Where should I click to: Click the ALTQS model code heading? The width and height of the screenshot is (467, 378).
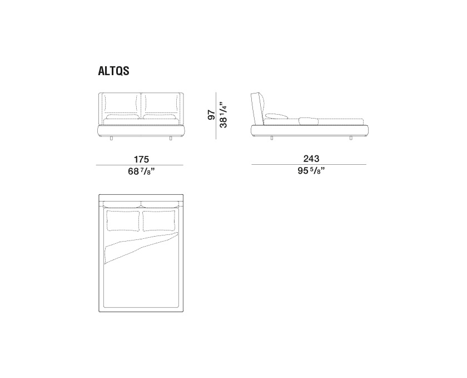[113, 71]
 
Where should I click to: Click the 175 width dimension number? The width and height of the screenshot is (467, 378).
[141, 159]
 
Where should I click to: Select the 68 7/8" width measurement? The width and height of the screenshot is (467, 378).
[141, 171]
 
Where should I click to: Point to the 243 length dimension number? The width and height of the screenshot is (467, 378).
[311, 159]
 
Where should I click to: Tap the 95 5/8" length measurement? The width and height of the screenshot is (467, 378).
[311, 171]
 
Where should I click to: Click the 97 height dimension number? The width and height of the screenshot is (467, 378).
[211, 115]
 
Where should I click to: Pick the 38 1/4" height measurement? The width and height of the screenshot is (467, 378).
[223, 115]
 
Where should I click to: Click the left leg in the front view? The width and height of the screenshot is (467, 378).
[111, 138]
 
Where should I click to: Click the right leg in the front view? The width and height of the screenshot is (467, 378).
[171, 138]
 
